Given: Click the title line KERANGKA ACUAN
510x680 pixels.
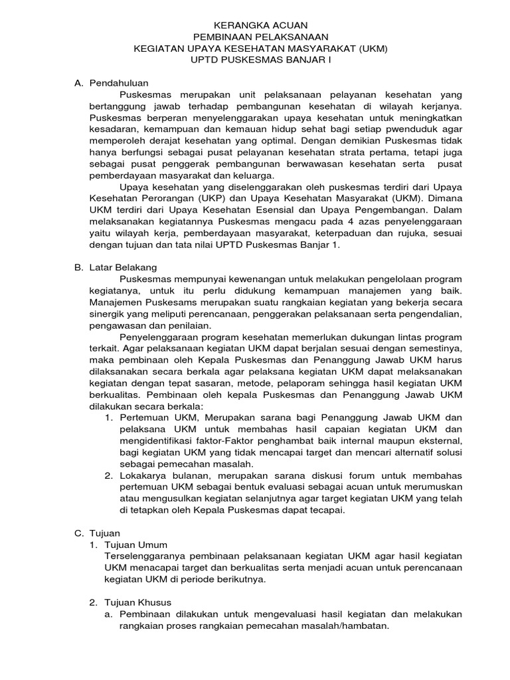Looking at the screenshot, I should (x=255, y=25).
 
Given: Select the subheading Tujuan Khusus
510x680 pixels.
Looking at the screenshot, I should (x=140, y=602).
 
